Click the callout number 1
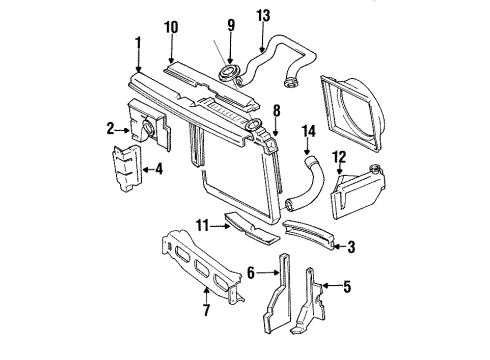tap(139, 45)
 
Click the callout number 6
tap(252, 271)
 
